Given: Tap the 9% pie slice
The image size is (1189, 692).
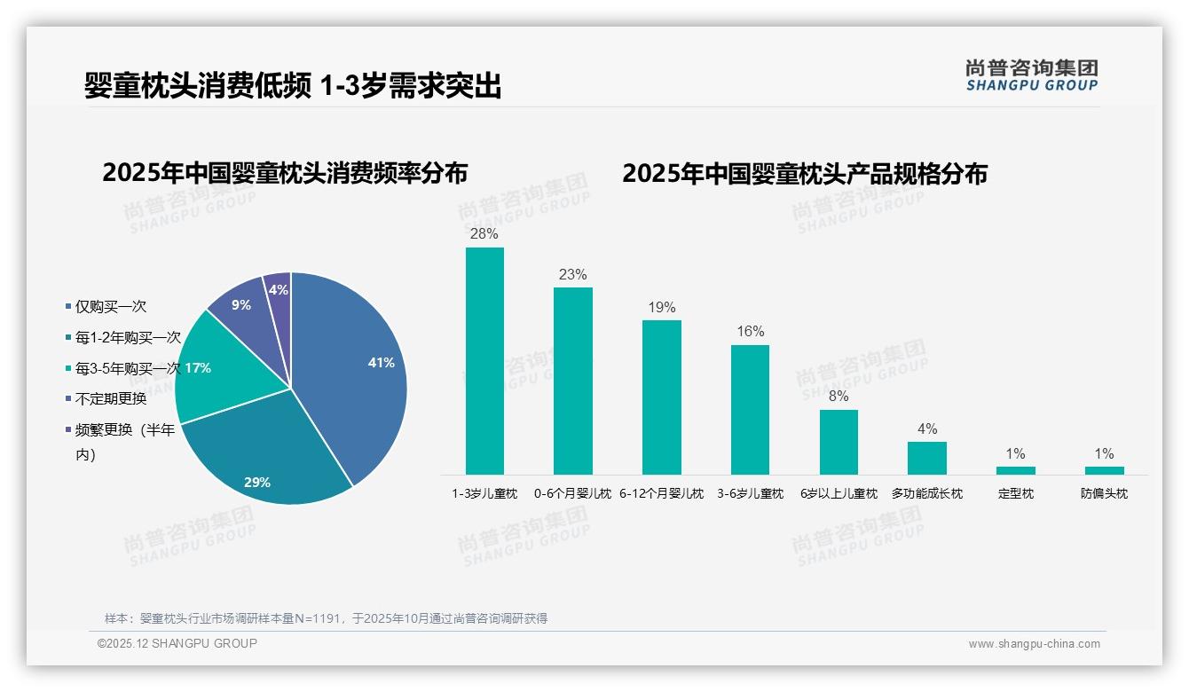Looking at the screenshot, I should point(238,306).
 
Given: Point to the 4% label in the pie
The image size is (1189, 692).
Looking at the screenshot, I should point(278,290).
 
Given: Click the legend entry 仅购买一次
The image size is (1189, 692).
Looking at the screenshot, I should point(110,306).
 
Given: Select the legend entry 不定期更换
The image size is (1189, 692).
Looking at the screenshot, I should point(110,398).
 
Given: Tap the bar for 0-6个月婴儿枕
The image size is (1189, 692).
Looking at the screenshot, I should point(572,381).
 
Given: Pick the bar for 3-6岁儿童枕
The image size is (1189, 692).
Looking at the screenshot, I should point(750,410).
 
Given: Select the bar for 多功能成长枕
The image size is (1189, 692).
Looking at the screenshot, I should point(926,458).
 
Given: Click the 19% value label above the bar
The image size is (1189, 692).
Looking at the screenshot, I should point(661,308).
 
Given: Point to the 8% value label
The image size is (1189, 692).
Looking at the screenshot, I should point(839,397).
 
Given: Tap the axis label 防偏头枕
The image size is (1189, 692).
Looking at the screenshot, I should point(1104,493).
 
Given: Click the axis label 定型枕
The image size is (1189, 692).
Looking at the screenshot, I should point(1015,493).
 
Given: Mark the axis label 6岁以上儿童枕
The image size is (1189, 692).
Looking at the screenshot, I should point(839,493).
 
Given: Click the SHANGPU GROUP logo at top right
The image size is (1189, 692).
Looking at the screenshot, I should point(1031,75).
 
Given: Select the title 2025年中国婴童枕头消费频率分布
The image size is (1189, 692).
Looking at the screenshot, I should point(285,172).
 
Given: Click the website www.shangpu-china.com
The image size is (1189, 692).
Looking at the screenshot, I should point(1034,644).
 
